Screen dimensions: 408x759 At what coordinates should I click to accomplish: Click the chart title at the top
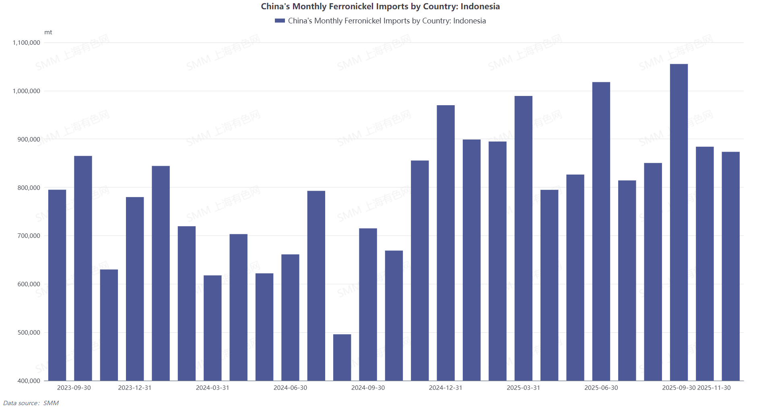[x=380, y=6]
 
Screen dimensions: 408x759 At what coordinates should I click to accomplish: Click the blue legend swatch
[x=280, y=21]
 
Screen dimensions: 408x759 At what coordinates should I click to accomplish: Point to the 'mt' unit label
[x=48, y=32]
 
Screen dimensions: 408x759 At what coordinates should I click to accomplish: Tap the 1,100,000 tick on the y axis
[x=27, y=43]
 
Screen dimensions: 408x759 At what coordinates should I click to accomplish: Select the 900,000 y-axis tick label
[x=29, y=139]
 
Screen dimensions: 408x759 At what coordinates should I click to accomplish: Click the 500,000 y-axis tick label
[x=29, y=333]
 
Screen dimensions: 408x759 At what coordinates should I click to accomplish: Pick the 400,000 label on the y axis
[x=29, y=381]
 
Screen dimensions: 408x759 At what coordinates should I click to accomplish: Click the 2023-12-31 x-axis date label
[x=135, y=388]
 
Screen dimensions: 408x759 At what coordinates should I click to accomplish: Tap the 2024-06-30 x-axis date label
[x=290, y=388]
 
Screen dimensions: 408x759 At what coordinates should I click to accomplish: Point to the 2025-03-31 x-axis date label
[x=523, y=388]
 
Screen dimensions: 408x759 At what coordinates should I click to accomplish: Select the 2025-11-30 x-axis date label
[x=714, y=388]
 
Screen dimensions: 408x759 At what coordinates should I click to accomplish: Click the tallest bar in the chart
[x=679, y=222]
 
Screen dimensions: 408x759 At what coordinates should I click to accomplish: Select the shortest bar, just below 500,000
[x=342, y=357]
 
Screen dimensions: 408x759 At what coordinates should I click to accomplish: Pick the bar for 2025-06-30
[x=601, y=231]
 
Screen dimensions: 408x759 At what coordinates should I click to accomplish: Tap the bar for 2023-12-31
[x=135, y=289]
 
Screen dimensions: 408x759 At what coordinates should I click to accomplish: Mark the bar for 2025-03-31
[x=523, y=238]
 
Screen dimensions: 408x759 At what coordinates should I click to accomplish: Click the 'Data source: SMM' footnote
[x=31, y=403]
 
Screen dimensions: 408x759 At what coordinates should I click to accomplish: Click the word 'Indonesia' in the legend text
[x=469, y=21]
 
